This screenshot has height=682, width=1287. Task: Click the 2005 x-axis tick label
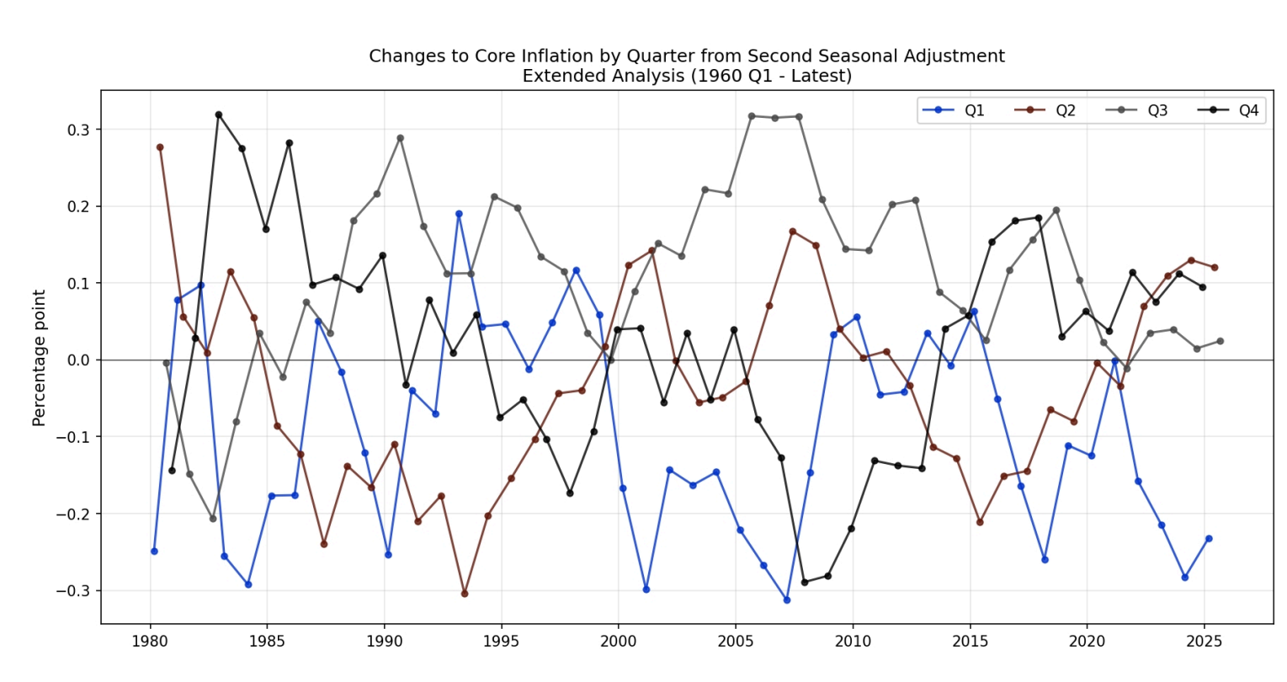[x=735, y=642]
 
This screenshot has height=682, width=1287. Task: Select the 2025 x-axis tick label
[x=1204, y=642]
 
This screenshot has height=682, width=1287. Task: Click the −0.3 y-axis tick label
[x=72, y=591]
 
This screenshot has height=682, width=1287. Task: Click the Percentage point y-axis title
[x=40, y=358]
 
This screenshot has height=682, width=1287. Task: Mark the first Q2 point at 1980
[x=160, y=147]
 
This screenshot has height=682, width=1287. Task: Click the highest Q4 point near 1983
[x=219, y=115]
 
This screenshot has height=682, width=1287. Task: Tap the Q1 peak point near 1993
[x=459, y=214]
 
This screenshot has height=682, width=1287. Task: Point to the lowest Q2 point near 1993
[x=465, y=594]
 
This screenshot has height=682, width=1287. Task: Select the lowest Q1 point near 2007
[x=787, y=600]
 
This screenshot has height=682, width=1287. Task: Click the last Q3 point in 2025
[x=1220, y=341]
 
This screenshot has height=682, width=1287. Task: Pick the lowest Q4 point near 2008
[x=805, y=582]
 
